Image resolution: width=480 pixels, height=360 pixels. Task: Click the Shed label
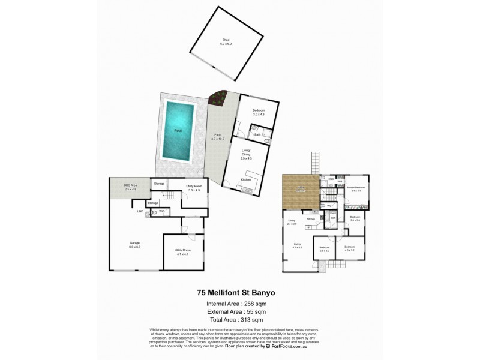click(x=226, y=42)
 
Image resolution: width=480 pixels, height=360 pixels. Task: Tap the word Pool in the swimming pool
click(x=178, y=130)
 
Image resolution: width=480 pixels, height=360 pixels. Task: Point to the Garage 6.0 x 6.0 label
click(x=134, y=244)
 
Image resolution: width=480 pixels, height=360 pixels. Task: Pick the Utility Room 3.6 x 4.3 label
click(x=194, y=188)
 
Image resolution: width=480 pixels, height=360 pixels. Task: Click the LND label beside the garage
click(x=140, y=211)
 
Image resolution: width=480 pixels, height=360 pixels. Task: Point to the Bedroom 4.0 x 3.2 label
click(x=349, y=248)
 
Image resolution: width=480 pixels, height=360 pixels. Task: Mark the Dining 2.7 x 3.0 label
click(x=292, y=223)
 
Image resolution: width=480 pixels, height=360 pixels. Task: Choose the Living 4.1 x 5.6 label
click(x=297, y=245)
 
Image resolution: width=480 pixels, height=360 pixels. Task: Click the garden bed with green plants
click(x=215, y=97)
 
